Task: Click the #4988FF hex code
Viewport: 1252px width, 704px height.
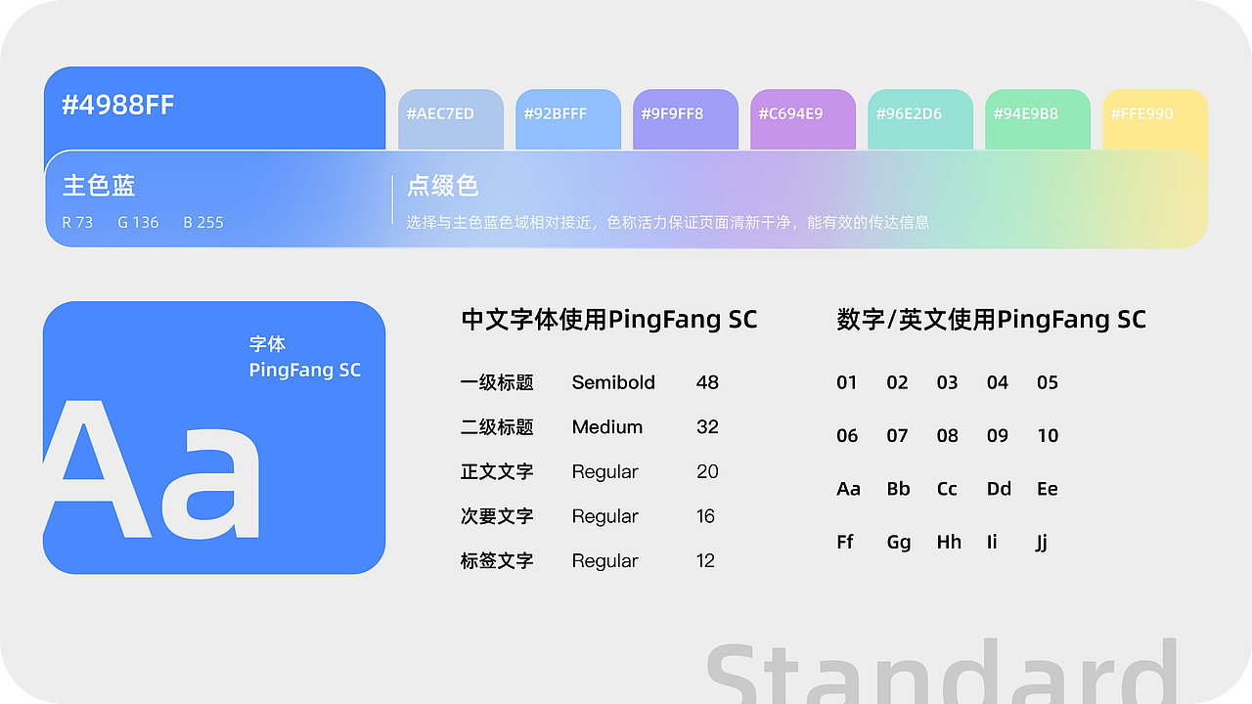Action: [x=118, y=106]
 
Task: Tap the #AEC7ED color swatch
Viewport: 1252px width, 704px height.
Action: [x=450, y=116]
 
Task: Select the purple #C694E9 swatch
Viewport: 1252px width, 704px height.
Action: [x=802, y=116]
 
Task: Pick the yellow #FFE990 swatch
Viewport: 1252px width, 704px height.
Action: [x=1154, y=116]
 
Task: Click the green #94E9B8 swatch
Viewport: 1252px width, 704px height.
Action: [x=1037, y=116]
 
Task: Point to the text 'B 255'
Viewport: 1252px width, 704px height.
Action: [x=203, y=223]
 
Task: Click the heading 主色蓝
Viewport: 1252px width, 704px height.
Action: [x=99, y=186]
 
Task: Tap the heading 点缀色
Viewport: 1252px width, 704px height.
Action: [x=442, y=186]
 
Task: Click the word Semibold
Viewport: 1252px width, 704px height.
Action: [x=613, y=382]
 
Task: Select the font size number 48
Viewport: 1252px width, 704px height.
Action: [x=707, y=382]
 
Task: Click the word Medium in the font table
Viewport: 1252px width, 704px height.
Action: [x=607, y=427]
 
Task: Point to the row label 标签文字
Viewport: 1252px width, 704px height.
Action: [x=497, y=561]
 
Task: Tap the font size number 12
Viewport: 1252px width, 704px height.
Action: [x=706, y=561]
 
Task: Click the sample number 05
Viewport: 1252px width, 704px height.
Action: [x=1048, y=382]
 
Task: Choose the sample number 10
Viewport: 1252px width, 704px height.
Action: [x=1048, y=436]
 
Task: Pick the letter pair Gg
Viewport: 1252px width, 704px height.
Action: [x=899, y=543]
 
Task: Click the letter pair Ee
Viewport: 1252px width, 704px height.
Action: [x=1048, y=489]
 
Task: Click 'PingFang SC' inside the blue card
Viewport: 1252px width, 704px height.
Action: [x=305, y=371]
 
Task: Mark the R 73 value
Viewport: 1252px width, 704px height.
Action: [x=77, y=223]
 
